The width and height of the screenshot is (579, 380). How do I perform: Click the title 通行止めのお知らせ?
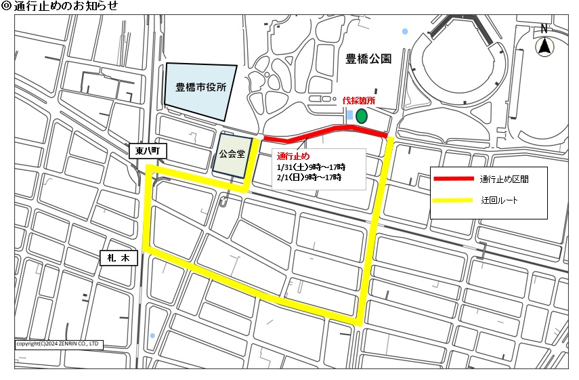(x=64, y=7)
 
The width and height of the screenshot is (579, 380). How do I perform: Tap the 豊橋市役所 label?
(x=201, y=87)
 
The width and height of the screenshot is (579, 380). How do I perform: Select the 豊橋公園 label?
(x=368, y=59)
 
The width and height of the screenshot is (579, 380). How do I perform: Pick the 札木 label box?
(x=119, y=257)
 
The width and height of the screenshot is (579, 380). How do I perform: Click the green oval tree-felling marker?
(x=362, y=116)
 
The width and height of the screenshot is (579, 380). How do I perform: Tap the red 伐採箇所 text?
(x=359, y=100)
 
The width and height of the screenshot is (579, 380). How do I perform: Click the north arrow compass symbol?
(x=543, y=47)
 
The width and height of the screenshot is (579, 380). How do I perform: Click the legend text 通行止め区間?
(x=504, y=180)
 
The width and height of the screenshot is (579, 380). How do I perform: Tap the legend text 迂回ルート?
(x=500, y=201)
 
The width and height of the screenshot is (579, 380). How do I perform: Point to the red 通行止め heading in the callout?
(x=293, y=156)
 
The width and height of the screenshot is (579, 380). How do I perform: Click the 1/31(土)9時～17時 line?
(x=311, y=167)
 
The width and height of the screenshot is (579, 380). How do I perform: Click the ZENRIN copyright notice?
(x=58, y=344)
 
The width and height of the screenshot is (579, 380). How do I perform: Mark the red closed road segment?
(x=325, y=131)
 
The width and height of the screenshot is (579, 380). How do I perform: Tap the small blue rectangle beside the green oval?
(x=349, y=115)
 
